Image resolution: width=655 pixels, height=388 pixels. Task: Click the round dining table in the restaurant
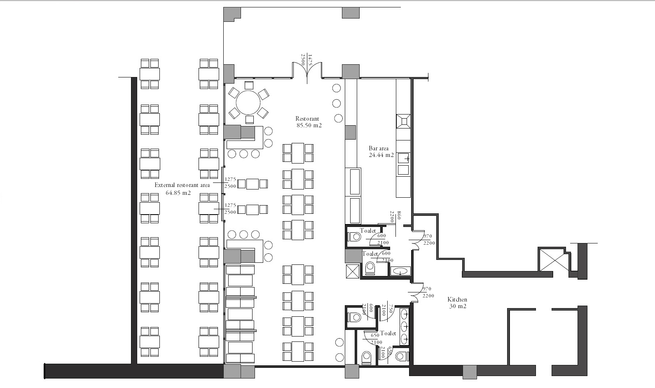248,103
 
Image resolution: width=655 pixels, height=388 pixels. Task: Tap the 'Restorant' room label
307,119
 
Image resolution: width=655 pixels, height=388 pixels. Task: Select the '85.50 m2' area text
309,126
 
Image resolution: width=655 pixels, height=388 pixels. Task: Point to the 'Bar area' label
379,148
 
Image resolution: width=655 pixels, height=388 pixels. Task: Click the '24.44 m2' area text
381,155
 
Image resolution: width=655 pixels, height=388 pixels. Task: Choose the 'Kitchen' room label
457,299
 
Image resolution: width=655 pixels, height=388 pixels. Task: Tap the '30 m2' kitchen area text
458,306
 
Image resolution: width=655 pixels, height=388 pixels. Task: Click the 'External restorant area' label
182,185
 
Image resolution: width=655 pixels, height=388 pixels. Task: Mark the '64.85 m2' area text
178,193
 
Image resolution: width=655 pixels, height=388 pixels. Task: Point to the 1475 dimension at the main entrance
310,60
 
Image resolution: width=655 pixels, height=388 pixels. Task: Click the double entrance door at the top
307,70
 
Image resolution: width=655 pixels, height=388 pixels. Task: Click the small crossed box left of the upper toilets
352,271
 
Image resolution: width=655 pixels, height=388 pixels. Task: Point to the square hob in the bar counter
403,122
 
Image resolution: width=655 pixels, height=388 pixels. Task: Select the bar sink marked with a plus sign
404,158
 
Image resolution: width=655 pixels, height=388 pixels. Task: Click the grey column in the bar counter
350,132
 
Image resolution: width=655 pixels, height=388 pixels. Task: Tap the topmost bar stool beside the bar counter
336,88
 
